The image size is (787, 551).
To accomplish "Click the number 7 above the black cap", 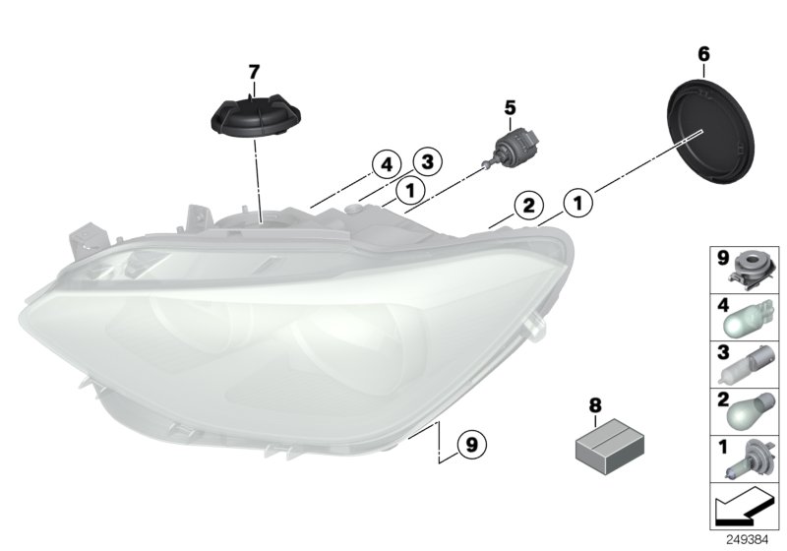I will tap(254, 72).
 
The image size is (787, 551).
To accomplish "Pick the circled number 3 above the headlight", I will tap(426, 160).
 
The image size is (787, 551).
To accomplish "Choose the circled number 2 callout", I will tap(527, 206).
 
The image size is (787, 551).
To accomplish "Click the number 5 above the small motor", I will tap(510, 106).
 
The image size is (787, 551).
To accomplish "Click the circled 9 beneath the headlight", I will tap(471, 445).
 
